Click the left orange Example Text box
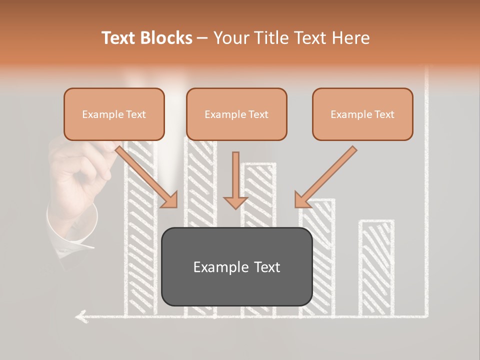tap(114, 114)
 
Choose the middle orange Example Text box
tap(236, 114)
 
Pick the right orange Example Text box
tap(362, 114)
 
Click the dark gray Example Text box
tap(237, 267)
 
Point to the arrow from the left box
tap(147, 177)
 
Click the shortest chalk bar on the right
tap(376, 267)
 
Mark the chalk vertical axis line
tap(426, 200)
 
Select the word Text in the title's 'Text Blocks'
tap(119, 38)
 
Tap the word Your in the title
tap(231, 38)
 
